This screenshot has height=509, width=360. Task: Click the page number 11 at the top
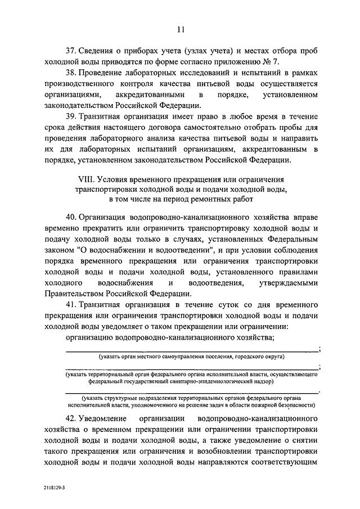(x=179, y=30)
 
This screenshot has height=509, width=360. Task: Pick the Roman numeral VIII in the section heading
(x=85, y=178)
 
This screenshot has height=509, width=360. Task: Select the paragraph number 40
(x=72, y=217)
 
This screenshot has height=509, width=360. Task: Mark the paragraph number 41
(x=72, y=307)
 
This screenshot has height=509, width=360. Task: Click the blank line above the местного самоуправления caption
(x=192, y=350)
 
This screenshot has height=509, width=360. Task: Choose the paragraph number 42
(x=72, y=420)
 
